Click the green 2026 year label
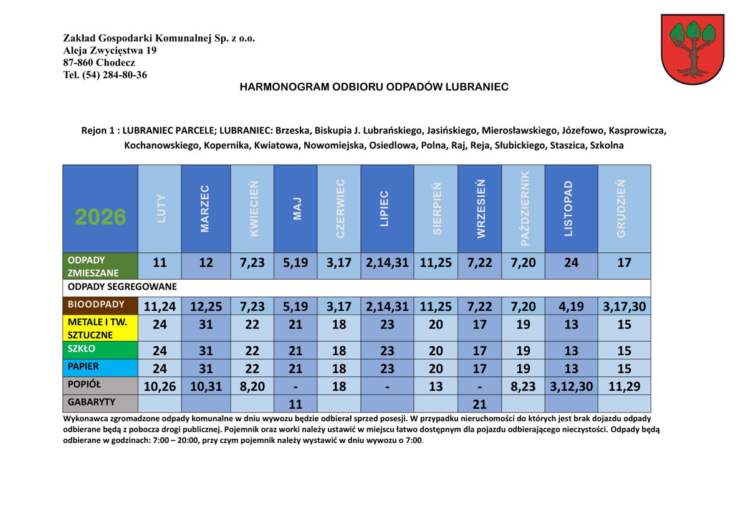100,217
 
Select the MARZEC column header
206,208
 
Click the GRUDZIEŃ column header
623,208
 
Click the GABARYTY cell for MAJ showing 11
295,404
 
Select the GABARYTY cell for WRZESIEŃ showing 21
479,404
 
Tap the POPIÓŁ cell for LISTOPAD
571,386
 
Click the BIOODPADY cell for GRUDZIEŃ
624,306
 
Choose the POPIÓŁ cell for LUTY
160,386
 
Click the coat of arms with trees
692,49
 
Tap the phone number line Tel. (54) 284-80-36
105,75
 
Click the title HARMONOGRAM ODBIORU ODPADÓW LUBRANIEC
374,87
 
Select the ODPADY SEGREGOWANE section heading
122,287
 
